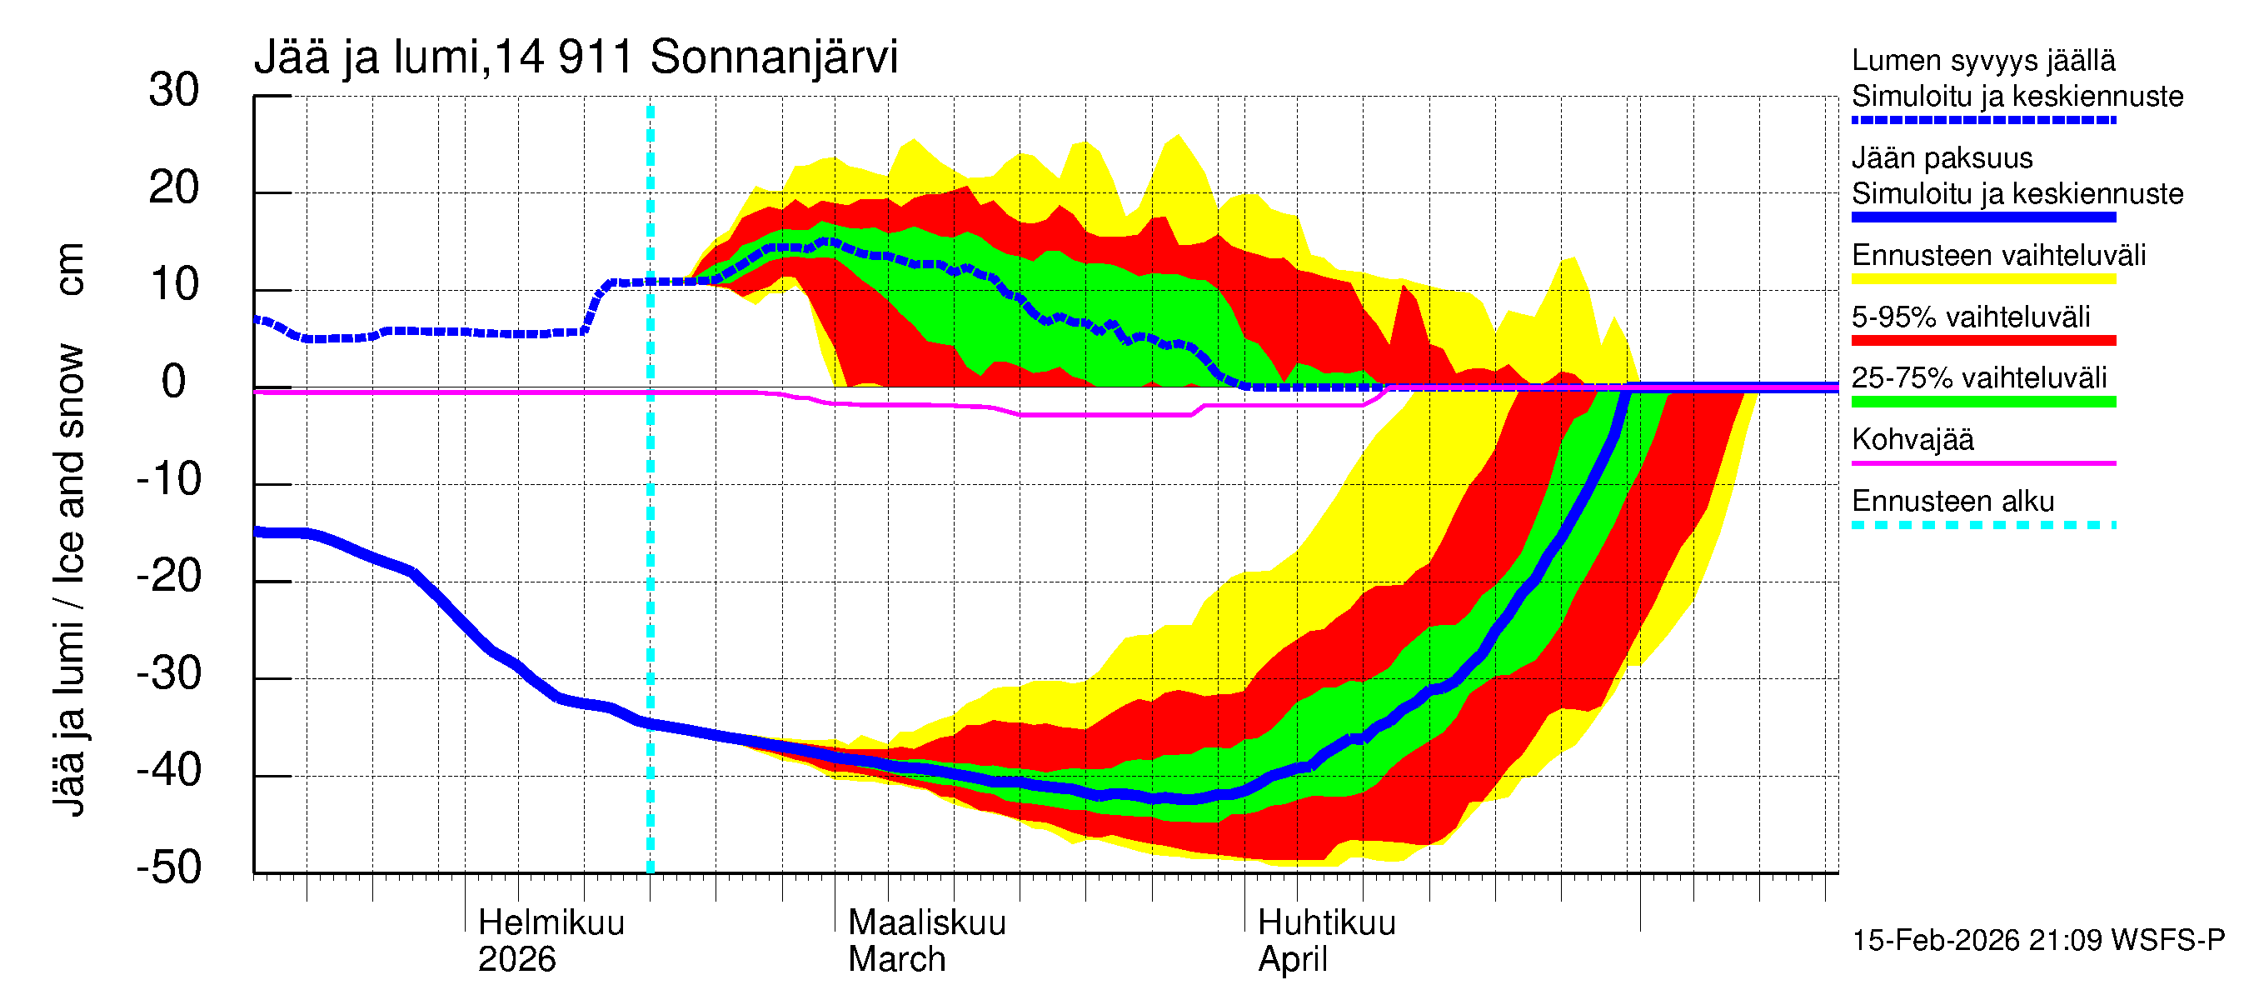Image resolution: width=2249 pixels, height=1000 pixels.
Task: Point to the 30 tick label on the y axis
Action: pos(174,91)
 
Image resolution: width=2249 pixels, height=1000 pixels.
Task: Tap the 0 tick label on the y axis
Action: pos(174,382)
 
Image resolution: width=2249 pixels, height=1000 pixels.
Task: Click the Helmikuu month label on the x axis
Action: pos(551,923)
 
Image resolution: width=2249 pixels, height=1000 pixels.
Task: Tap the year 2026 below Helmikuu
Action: pos(516,960)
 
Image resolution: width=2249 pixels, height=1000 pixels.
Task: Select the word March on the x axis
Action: pos(896,960)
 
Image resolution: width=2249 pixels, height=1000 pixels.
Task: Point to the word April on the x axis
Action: pos(1292,960)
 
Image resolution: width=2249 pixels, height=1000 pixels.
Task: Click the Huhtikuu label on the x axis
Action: pos(1326,923)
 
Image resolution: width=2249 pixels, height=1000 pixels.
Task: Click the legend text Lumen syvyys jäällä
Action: pos(1982,61)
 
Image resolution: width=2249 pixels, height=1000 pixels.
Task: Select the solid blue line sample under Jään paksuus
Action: pos(1982,217)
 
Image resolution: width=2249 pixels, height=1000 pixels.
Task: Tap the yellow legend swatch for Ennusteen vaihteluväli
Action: pos(1982,279)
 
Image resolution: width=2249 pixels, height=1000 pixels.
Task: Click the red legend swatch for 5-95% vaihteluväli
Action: pos(1982,341)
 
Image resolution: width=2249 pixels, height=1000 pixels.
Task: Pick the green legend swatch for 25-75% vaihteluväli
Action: pos(1982,402)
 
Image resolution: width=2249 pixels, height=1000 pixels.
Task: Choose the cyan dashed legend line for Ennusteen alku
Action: pos(1982,525)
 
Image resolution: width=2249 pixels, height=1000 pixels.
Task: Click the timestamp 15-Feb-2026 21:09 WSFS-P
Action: pos(2037,941)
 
